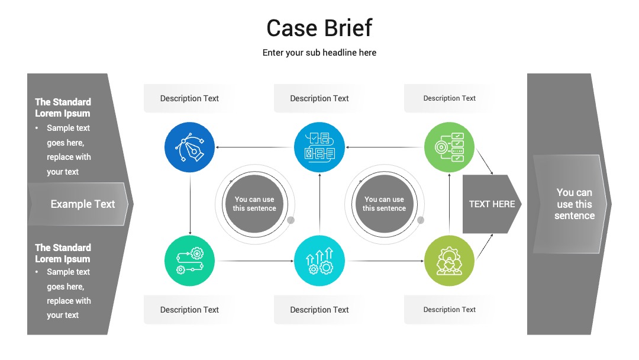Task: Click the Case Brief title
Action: pyautogui.click(x=319, y=28)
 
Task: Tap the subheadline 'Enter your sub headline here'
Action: pyautogui.click(x=319, y=53)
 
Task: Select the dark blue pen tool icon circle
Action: pyautogui.click(x=189, y=147)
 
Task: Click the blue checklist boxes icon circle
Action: pyautogui.click(x=319, y=147)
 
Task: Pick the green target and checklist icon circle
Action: pyautogui.click(x=449, y=147)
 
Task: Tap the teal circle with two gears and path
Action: pyautogui.click(x=189, y=261)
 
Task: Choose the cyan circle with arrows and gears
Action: pyautogui.click(x=319, y=261)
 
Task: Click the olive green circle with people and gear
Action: pyautogui.click(x=449, y=261)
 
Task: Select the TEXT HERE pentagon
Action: pyautogui.click(x=492, y=204)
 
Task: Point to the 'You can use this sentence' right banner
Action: pyautogui.click(x=570, y=204)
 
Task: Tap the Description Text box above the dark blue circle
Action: pyautogui.click(x=189, y=98)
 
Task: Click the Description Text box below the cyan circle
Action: pyautogui.click(x=319, y=310)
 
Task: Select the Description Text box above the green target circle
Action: pyautogui.click(x=450, y=98)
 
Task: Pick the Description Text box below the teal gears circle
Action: pyautogui.click(x=189, y=310)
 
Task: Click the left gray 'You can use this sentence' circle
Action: pyautogui.click(x=254, y=204)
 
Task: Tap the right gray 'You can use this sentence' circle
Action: pyautogui.click(x=385, y=204)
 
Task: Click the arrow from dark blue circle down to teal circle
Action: pyautogui.click(x=190, y=204)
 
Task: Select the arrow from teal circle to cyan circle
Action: pyautogui.click(x=254, y=261)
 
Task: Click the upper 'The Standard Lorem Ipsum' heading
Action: pyautogui.click(x=63, y=108)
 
